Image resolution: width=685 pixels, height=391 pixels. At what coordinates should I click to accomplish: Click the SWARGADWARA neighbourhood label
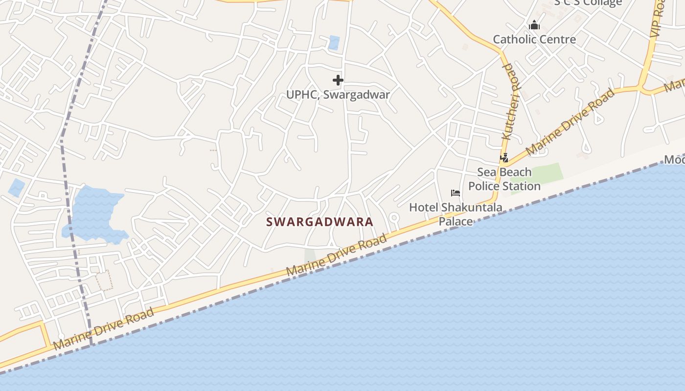320,222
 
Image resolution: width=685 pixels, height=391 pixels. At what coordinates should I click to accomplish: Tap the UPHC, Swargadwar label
338,95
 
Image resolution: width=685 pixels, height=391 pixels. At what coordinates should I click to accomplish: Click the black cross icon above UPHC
338,80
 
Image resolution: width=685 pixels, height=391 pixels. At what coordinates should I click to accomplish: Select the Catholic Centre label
534,40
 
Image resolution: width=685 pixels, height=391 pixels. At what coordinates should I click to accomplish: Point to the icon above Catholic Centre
534,25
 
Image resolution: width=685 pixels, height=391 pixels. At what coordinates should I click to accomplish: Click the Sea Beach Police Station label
504,179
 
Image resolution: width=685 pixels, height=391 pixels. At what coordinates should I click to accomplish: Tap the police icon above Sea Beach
504,158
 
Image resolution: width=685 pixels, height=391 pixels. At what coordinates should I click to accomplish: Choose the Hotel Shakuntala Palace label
456,214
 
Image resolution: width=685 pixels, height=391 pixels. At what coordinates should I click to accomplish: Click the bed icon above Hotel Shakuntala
456,193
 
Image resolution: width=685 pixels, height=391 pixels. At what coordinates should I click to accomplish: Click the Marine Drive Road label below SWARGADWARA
337,255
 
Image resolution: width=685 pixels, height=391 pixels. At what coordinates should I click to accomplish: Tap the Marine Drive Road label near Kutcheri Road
570,122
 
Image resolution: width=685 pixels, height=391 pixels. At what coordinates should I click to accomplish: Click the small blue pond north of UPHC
334,43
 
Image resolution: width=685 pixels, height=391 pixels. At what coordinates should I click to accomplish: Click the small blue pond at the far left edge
16,188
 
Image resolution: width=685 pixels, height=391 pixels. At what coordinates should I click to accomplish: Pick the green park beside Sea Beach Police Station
543,175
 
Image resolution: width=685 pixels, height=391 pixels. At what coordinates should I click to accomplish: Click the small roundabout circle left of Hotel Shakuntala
394,217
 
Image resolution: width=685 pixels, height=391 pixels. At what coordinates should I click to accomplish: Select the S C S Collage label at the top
588,2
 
